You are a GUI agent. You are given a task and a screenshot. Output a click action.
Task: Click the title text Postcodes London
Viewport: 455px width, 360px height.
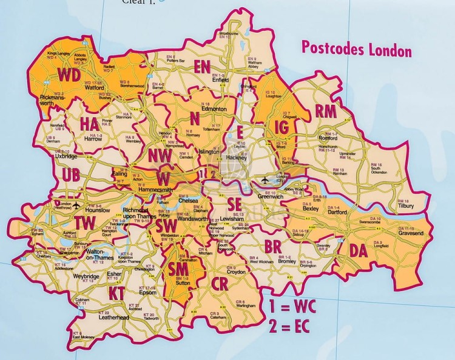[x=356, y=50]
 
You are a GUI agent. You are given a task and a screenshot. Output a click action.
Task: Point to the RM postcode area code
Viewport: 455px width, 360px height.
[x=326, y=111]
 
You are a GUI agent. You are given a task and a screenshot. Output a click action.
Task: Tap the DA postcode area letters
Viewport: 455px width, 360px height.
[x=359, y=250]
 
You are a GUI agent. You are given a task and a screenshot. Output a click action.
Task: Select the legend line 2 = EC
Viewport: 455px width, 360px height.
[x=296, y=328]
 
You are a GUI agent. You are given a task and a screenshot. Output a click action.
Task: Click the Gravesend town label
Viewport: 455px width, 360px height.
[x=409, y=233]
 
